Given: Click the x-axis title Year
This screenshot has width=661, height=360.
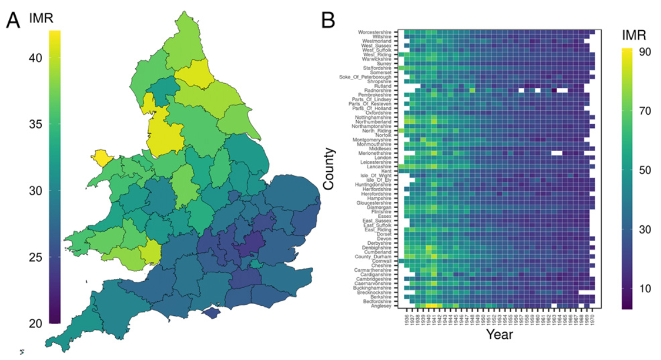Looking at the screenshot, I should pos(499,335).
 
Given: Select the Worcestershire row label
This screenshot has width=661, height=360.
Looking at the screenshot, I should pos(375,32).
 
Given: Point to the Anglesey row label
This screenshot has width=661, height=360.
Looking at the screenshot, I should pos(382,305).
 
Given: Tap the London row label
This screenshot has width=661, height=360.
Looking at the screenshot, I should pos(383,158).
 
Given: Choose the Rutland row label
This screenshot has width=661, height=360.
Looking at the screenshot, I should pos(383,86).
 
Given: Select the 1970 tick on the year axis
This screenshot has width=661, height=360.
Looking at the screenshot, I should pos(592,318).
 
